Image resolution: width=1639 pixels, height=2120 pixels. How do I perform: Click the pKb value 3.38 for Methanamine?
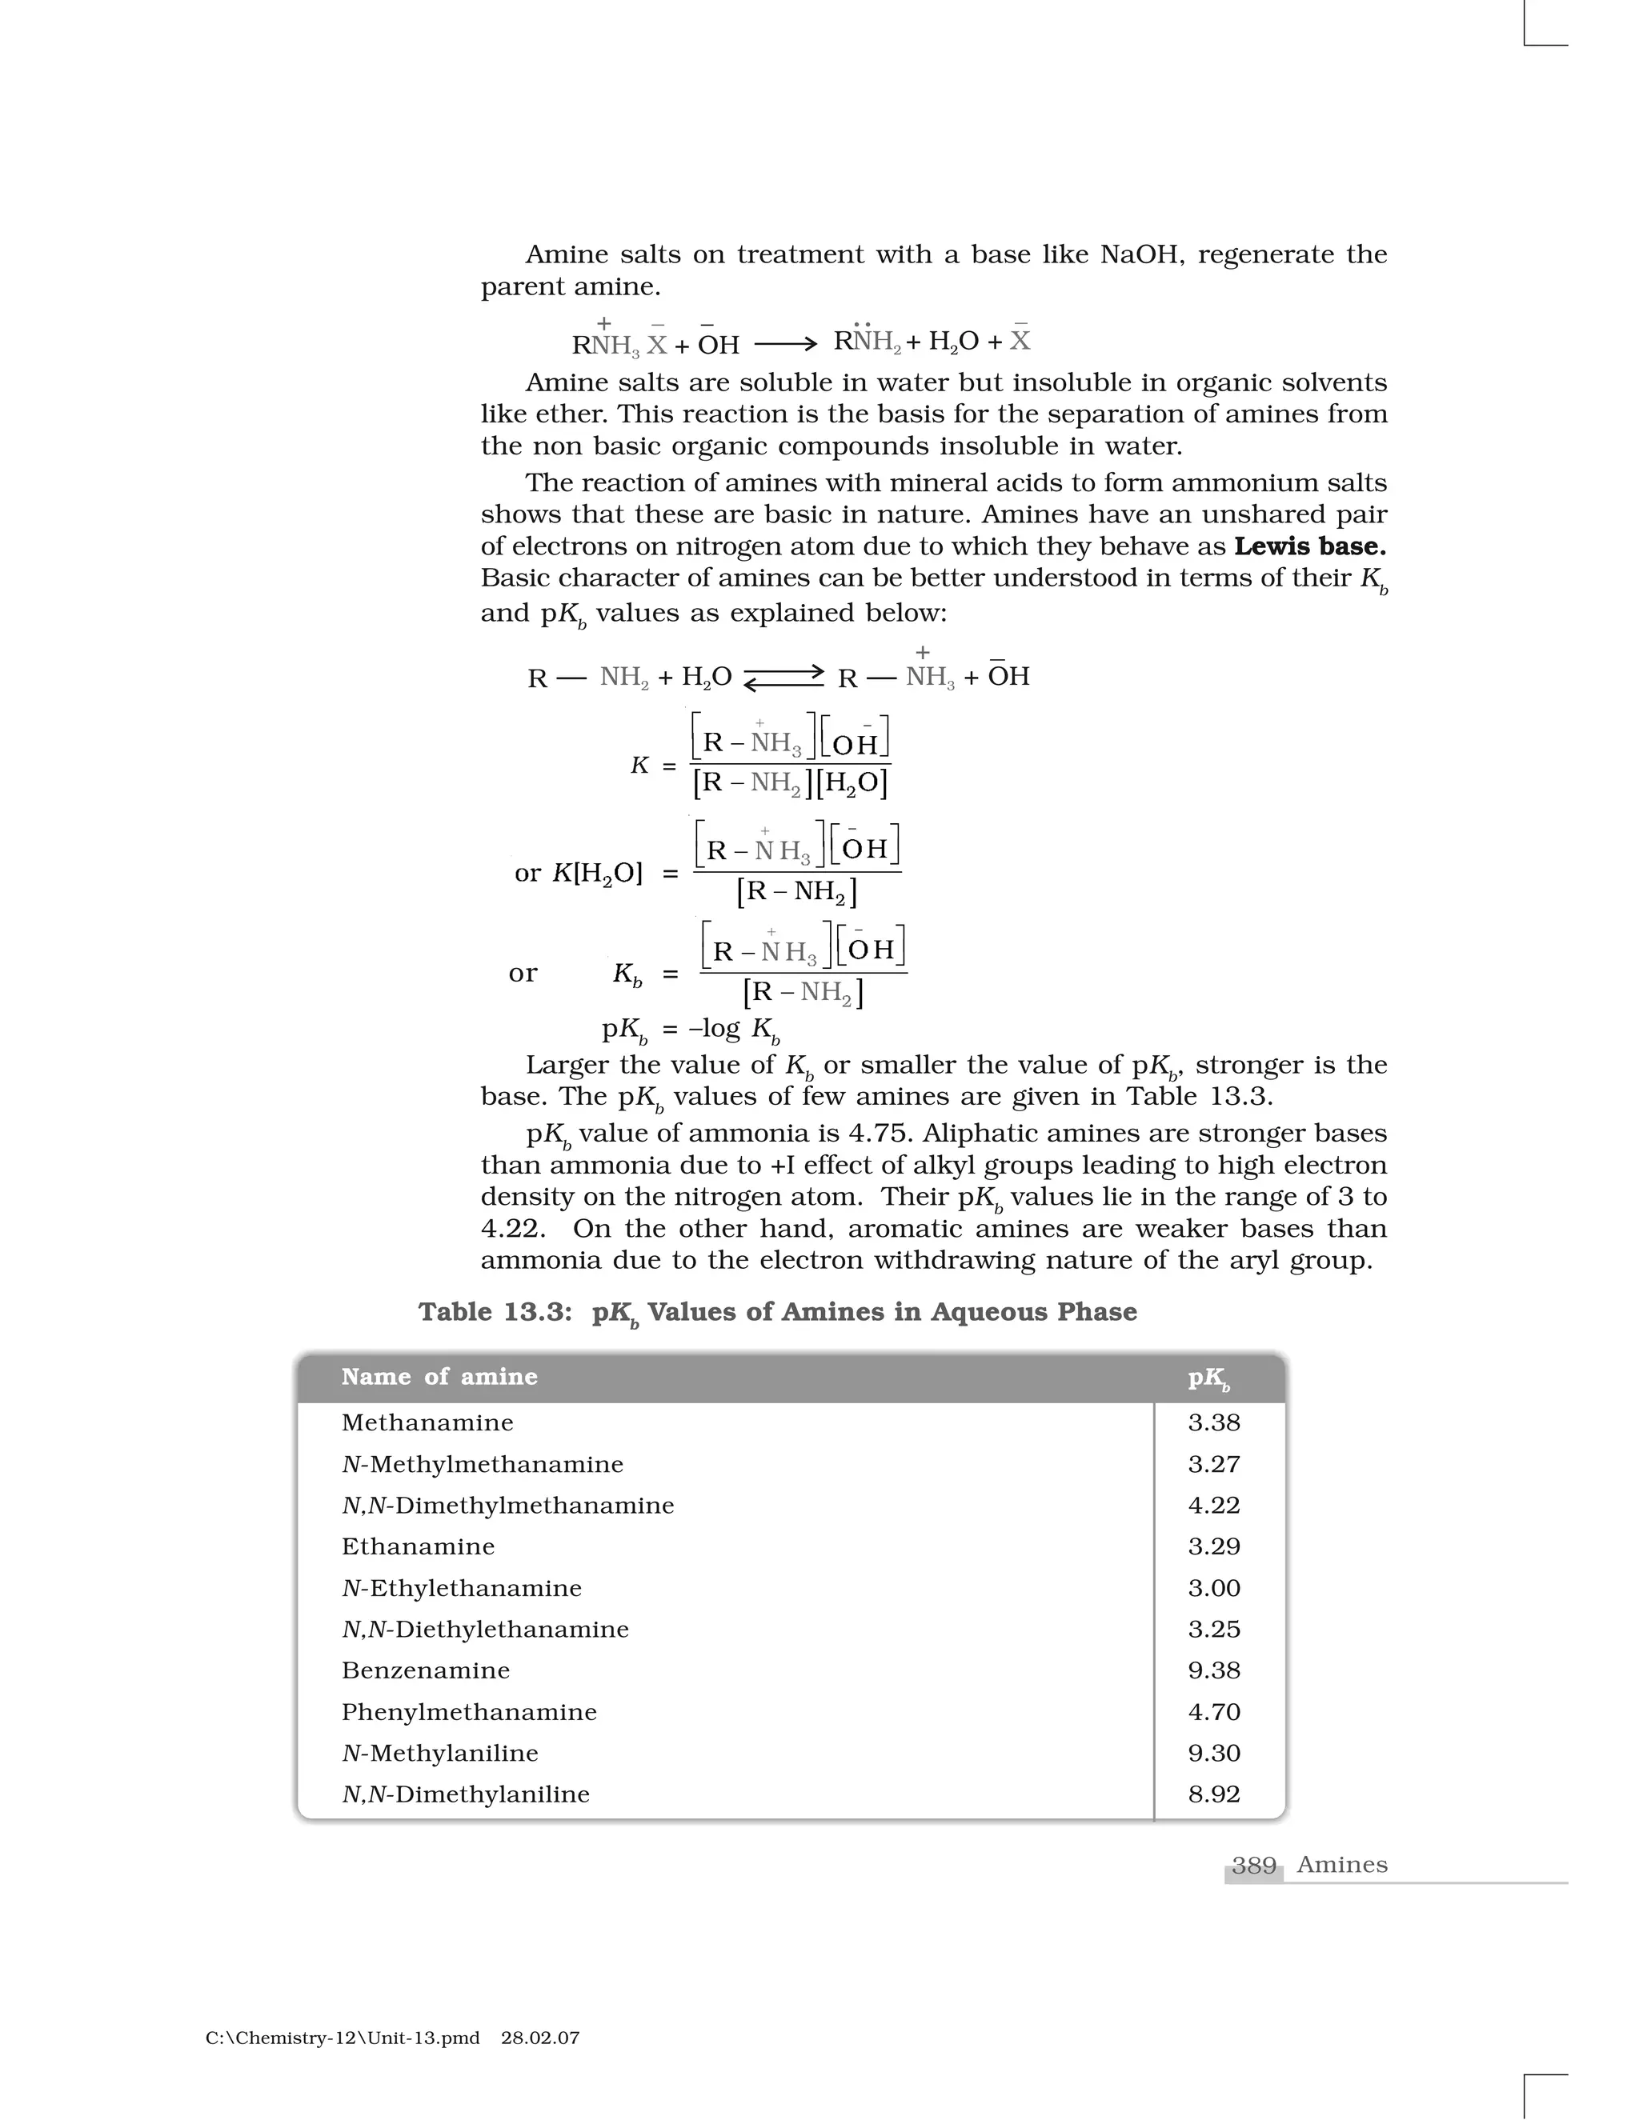pyautogui.click(x=1214, y=1423)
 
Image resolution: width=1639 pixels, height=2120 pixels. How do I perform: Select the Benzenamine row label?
pyautogui.click(x=425, y=1670)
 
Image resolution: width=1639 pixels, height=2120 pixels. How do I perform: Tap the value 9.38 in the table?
pyautogui.click(x=1214, y=1670)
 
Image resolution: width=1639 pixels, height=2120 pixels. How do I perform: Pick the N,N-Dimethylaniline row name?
pyautogui.click(x=465, y=1795)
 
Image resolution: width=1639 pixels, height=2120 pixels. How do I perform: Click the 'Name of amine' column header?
pyautogui.click(x=439, y=1377)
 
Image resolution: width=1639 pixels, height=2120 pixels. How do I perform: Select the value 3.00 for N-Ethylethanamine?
pyautogui.click(x=1214, y=1588)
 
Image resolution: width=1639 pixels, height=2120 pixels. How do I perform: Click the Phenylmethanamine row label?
pyautogui.click(x=469, y=1712)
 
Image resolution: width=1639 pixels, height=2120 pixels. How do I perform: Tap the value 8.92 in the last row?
pyautogui.click(x=1214, y=1795)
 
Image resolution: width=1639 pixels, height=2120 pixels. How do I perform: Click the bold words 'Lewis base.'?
pyautogui.click(x=1308, y=546)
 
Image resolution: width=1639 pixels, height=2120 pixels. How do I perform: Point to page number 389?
pyautogui.click(x=1253, y=1866)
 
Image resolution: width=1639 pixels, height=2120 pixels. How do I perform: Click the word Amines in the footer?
pyautogui.click(x=1342, y=1866)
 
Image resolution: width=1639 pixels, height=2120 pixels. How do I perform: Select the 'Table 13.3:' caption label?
pyautogui.click(x=495, y=1312)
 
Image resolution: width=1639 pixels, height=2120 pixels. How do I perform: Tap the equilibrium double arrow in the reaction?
pyautogui.click(x=783, y=677)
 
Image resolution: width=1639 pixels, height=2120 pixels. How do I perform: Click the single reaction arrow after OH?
pyautogui.click(x=786, y=344)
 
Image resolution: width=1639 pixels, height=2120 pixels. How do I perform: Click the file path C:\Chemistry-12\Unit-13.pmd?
pyautogui.click(x=342, y=2038)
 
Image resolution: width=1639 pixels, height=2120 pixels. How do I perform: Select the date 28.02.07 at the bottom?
pyautogui.click(x=540, y=2038)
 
